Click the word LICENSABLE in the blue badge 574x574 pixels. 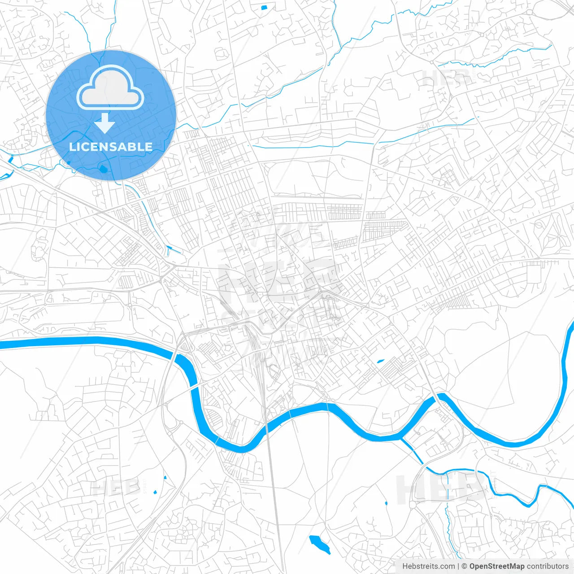point(111,147)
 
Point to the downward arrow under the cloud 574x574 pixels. point(105,123)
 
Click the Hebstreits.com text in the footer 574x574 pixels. point(428,566)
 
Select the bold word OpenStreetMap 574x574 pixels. point(497,566)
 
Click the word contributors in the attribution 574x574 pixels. point(548,566)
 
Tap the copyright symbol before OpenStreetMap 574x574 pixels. point(465,566)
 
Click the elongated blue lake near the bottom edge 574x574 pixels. point(319,544)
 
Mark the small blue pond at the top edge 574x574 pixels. point(263,7)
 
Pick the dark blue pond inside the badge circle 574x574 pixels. point(103,169)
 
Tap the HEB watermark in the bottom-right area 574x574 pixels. point(442,489)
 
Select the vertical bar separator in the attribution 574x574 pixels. point(458,566)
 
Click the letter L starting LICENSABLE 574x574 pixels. point(72,147)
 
